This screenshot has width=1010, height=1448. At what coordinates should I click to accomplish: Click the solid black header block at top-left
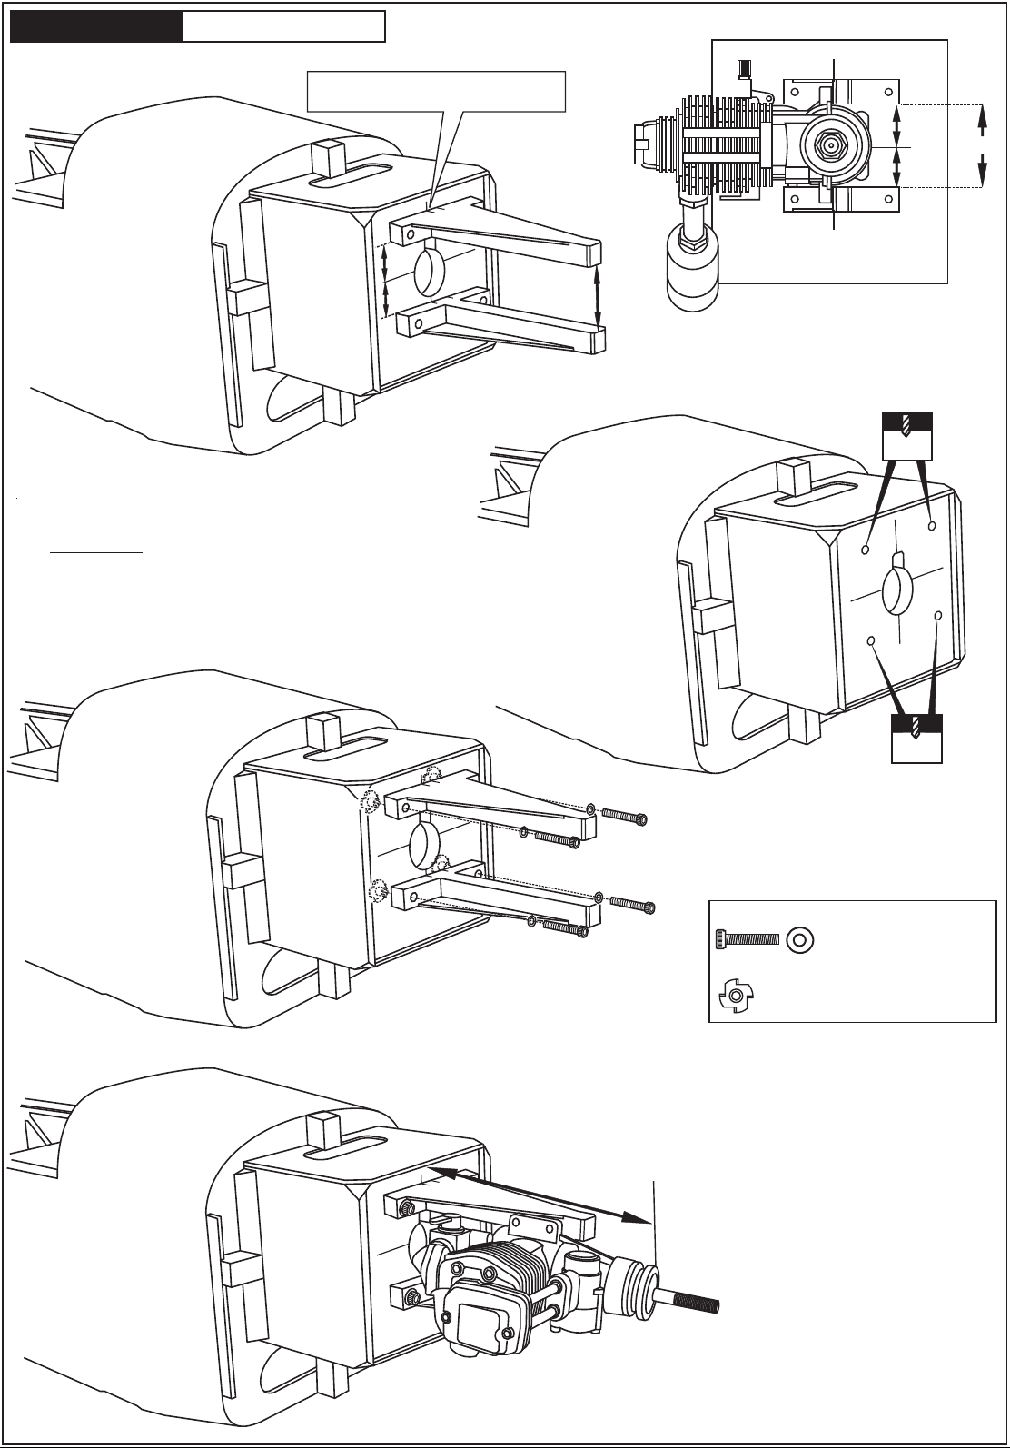click(x=95, y=27)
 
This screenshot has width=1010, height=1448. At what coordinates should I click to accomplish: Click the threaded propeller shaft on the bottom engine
click(x=691, y=1303)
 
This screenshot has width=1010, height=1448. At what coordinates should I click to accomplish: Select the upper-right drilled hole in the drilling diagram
click(x=932, y=525)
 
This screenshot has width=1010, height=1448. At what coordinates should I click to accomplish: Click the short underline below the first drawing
click(x=96, y=550)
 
